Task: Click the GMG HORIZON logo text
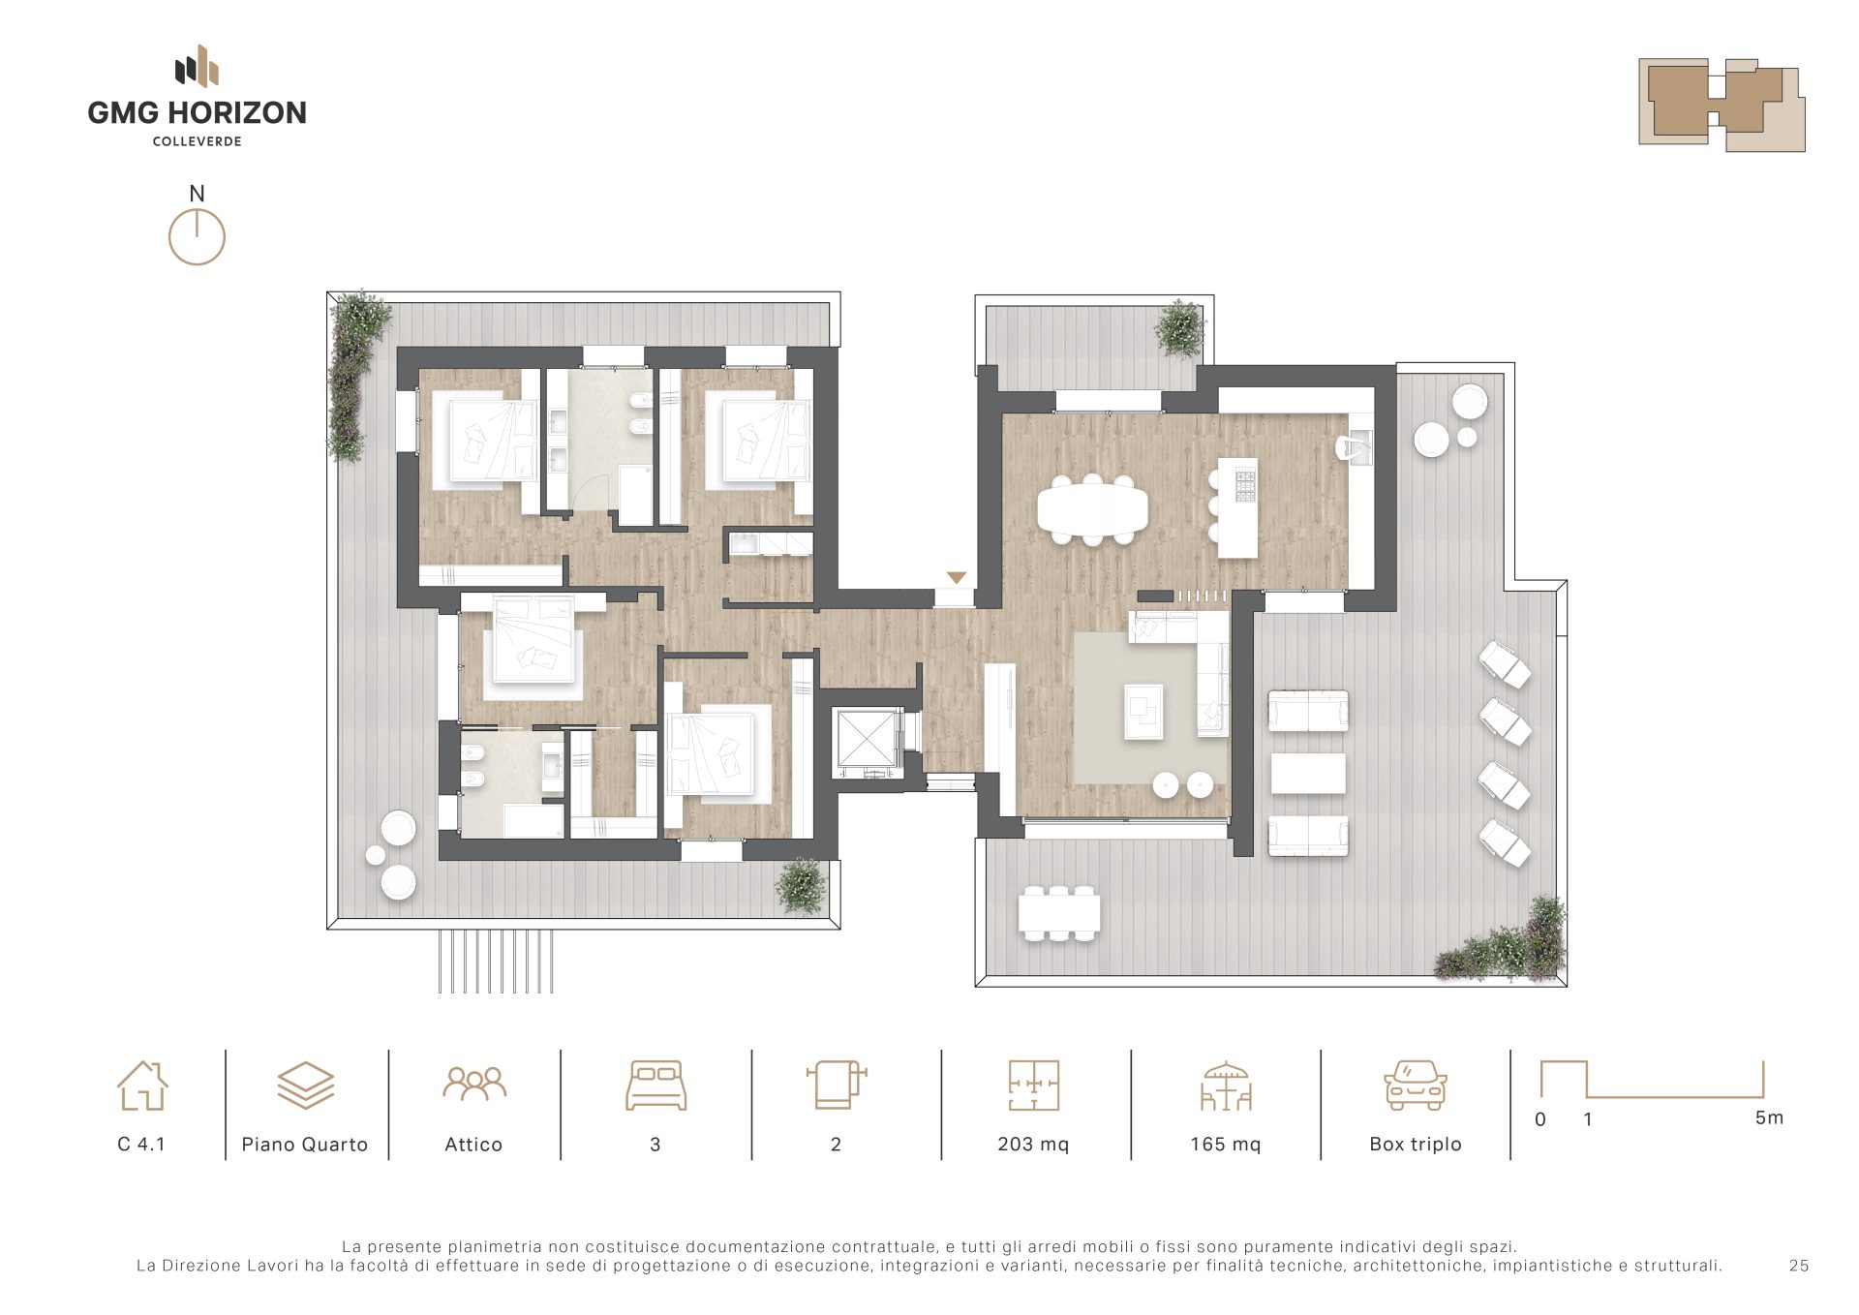tap(197, 112)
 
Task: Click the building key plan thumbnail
tap(1722, 105)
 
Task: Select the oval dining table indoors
tap(1092, 508)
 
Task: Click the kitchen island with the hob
tap(1237, 507)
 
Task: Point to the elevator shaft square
tap(868, 742)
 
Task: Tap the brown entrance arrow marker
tap(957, 578)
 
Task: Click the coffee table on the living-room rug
tap(1143, 712)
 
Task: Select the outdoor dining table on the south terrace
tap(1059, 912)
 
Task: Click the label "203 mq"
tap(1033, 1145)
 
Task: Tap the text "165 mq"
tap(1226, 1145)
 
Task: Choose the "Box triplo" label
tap(1416, 1145)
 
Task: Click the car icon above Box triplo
tap(1416, 1085)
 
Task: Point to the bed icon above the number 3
tap(655, 1085)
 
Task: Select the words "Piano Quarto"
tap(305, 1145)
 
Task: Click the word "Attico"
tap(473, 1145)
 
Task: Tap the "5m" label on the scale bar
tap(1769, 1117)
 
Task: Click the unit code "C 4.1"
tap(141, 1145)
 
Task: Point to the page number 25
tap(1799, 1266)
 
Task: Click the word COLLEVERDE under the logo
tap(198, 141)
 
